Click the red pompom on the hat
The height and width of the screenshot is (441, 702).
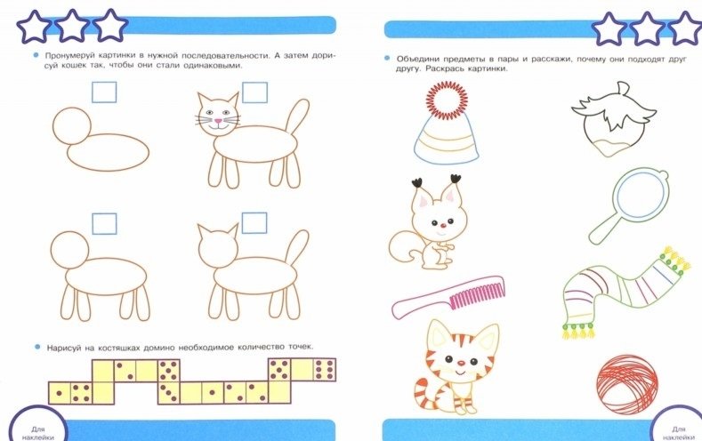tap(447, 100)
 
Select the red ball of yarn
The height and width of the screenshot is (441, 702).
tap(627, 384)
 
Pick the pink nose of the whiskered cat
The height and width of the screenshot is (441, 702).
tap(217, 121)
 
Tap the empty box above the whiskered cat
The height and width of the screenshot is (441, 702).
tap(254, 92)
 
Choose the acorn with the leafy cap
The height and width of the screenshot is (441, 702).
tap(613, 118)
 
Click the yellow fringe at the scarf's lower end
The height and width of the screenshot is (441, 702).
tap(578, 331)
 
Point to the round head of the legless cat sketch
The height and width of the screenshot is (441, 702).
tap(72, 125)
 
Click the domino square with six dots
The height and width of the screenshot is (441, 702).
tap(325, 370)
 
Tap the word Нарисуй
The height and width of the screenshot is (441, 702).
tap(66, 348)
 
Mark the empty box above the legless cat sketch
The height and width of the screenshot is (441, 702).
tap(104, 92)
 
